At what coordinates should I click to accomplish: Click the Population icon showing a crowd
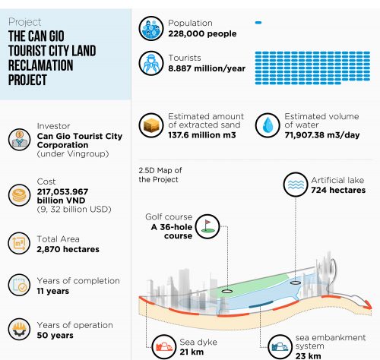(151, 28)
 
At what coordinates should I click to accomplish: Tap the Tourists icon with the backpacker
(151, 63)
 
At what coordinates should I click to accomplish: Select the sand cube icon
(151, 125)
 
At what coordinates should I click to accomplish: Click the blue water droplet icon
(268, 125)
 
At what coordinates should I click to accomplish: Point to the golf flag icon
(207, 226)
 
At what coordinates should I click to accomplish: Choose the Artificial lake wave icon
(296, 185)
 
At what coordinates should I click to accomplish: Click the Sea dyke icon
(164, 346)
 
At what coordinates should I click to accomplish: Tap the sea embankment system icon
(280, 347)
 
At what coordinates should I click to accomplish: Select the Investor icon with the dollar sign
(19, 139)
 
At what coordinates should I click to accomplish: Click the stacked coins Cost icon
(19, 195)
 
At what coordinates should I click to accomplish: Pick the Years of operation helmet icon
(19, 329)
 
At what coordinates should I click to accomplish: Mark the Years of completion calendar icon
(19, 285)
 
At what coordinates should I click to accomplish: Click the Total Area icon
(19, 243)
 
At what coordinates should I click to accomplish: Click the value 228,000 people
(202, 33)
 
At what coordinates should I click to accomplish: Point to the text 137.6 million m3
(202, 135)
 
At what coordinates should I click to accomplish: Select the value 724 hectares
(338, 190)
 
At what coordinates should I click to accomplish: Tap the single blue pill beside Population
(258, 23)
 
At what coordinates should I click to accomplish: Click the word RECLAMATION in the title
(41, 65)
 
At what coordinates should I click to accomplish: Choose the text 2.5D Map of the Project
(160, 175)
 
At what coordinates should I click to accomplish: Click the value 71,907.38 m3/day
(322, 135)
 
